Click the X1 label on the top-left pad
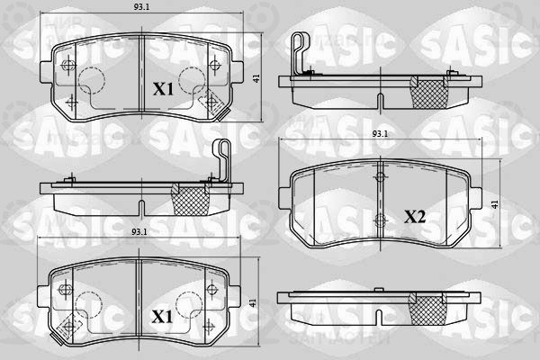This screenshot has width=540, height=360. point(163,89)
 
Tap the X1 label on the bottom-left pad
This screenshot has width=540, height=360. point(162,317)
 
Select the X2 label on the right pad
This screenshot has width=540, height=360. point(415,217)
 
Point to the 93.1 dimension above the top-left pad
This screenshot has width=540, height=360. point(141,7)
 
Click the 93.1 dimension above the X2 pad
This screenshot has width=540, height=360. point(380,134)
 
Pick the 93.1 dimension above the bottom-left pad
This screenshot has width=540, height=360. point(139,232)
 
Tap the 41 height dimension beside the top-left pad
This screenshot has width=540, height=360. point(256,78)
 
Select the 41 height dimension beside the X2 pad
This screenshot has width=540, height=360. point(495,204)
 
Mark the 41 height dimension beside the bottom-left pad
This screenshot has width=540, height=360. point(252,302)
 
